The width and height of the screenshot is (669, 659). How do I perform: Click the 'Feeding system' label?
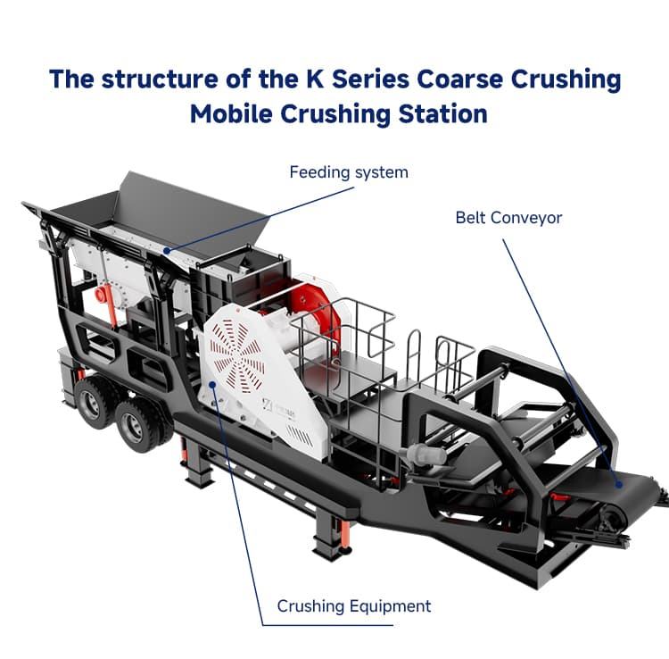(348, 171)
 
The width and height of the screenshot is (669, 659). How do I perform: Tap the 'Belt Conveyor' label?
(508, 217)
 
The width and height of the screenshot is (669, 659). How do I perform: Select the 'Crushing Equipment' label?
(353, 606)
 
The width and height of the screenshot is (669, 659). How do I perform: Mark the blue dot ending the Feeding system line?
(166, 251)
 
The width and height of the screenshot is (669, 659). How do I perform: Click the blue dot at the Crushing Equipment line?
(211, 385)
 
